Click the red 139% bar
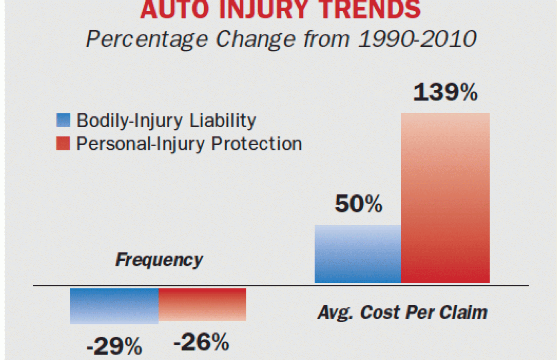tap(445, 198)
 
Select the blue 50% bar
tap(358, 254)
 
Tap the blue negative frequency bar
tap(114, 306)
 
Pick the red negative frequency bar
tap(202, 304)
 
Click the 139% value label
tap(445, 92)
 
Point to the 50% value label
tap(358, 204)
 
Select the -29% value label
tap(114, 346)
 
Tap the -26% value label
tap(202, 342)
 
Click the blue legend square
tap(63, 120)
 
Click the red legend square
tap(63, 143)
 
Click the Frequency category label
tap(159, 260)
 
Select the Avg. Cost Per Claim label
tap(402, 312)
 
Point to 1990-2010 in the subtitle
tap(417, 39)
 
